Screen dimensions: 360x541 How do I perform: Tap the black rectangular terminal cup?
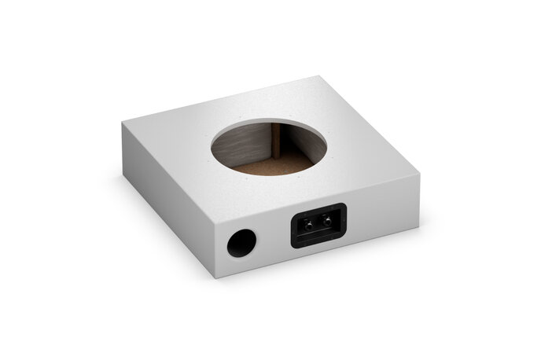point(318,226)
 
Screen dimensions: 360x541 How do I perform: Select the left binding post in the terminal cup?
point(312,223)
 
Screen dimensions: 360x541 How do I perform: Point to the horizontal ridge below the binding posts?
point(318,233)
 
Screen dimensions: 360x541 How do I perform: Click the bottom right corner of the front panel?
point(418,229)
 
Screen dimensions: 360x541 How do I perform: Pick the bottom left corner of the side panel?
point(124,180)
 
